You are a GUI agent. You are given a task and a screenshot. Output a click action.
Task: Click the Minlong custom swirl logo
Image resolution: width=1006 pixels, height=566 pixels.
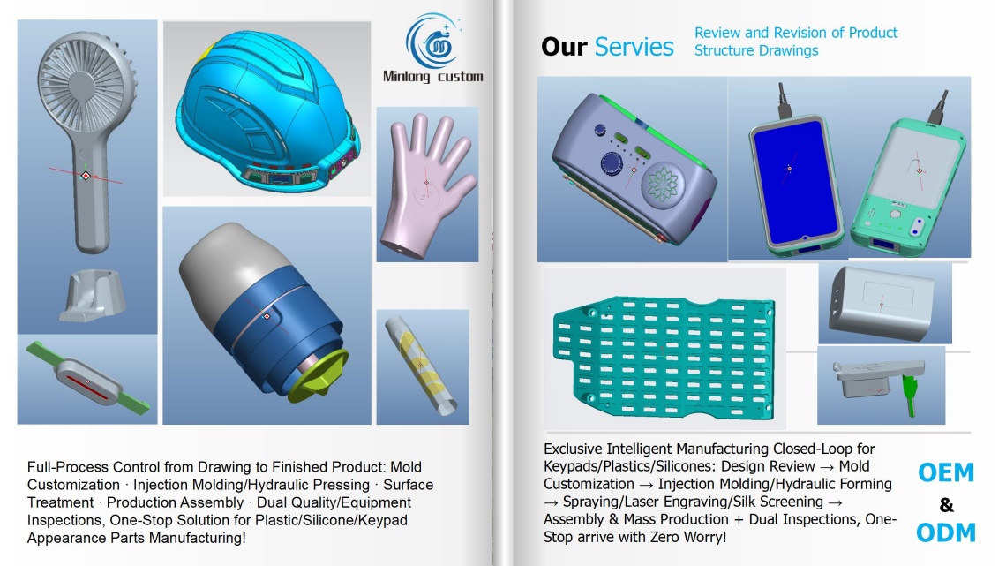point(433,42)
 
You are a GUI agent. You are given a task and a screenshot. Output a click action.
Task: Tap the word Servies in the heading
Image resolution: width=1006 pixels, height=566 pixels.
point(634,47)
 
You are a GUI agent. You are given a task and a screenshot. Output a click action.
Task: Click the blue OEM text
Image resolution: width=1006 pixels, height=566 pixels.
point(946,472)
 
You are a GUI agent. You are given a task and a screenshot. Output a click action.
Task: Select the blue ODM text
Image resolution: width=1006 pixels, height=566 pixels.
point(946,532)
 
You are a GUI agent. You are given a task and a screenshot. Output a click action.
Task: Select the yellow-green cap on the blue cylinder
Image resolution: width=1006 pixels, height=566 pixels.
point(319,375)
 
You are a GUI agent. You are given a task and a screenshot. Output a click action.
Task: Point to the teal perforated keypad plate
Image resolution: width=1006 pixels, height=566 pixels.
point(664,357)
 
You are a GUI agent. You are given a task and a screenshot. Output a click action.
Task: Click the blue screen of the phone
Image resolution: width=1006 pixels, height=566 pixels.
point(796,181)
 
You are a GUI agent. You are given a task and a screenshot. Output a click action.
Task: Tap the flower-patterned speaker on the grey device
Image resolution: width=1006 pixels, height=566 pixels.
point(663,183)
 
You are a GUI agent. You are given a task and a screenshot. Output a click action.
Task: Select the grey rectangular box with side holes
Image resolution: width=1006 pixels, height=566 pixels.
point(882,303)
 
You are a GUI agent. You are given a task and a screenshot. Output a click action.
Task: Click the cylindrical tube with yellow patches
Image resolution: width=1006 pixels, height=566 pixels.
point(421,365)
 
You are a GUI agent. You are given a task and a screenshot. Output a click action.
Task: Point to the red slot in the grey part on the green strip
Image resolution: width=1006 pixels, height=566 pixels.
point(88,383)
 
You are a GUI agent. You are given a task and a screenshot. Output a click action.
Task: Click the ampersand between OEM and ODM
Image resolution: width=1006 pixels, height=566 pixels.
point(946,505)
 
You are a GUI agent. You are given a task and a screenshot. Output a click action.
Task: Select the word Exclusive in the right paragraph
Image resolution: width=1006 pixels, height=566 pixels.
point(573,449)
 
